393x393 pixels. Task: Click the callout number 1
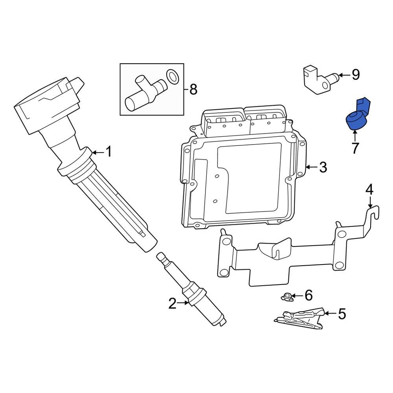click(x=108, y=152)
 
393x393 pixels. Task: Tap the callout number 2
click(x=172, y=303)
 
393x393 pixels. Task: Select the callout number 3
click(x=323, y=167)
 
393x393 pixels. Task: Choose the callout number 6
click(x=309, y=295)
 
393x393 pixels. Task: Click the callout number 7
click(x=355, y=148)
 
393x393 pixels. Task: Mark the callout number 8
click(x=193, y=90)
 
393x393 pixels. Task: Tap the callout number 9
click(x=355, y=74)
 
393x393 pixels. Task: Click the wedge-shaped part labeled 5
click(x=301, y=318)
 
